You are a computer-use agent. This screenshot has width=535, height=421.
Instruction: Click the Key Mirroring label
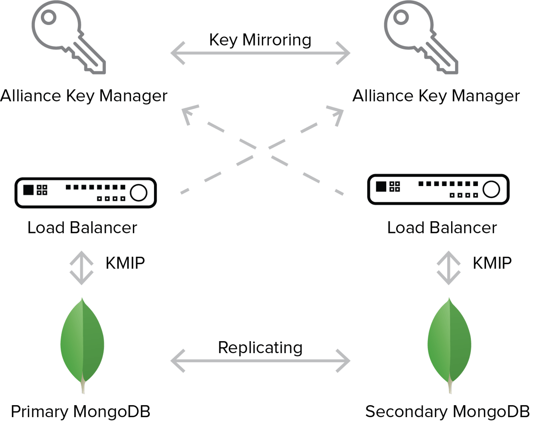tap(260, 40)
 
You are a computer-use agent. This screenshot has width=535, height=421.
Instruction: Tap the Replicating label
tap(260, 348)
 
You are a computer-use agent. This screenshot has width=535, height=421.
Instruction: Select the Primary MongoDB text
tap(80, 412)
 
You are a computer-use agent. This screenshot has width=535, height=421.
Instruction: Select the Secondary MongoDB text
tap(448, 412)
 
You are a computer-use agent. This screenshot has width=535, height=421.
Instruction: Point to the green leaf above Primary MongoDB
tap(82, 345)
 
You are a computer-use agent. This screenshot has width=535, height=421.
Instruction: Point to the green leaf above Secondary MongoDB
tap(449, 345)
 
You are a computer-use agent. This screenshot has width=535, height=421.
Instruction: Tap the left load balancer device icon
tap(86, 193)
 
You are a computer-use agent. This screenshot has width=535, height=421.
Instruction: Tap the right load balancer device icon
tap(438, 189)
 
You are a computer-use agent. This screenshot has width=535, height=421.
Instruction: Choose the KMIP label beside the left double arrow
tap(125, 263)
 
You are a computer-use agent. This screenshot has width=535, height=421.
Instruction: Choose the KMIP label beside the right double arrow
tap(492, 263)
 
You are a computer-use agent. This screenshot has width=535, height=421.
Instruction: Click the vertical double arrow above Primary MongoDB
tap(82, 268)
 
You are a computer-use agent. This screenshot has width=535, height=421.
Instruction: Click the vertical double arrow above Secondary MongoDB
tap(449, 268)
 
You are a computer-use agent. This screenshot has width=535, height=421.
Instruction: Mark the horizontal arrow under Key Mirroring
tap(260, 53)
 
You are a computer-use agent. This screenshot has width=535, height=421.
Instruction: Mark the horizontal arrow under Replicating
tap(260, 361)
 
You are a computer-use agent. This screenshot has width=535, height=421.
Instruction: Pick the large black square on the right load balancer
tap(381, 186)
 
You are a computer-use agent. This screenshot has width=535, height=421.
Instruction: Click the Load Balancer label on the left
tap(82, 228)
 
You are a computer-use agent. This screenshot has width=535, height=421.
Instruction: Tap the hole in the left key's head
tap(49, 17)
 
